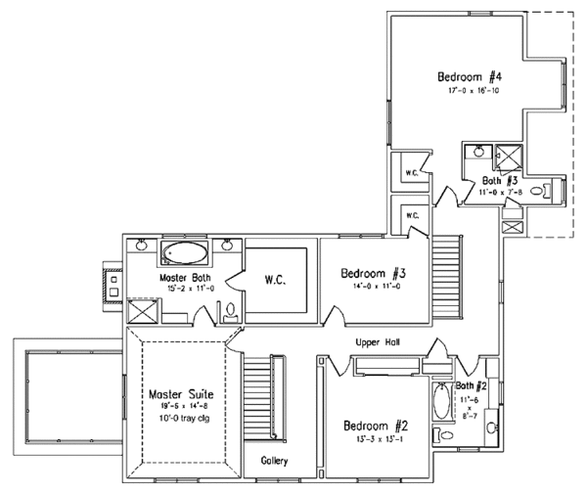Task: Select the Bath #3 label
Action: [500, 181]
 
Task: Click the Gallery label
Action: [273, 460]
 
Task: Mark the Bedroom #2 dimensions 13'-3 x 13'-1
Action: [373, 440]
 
